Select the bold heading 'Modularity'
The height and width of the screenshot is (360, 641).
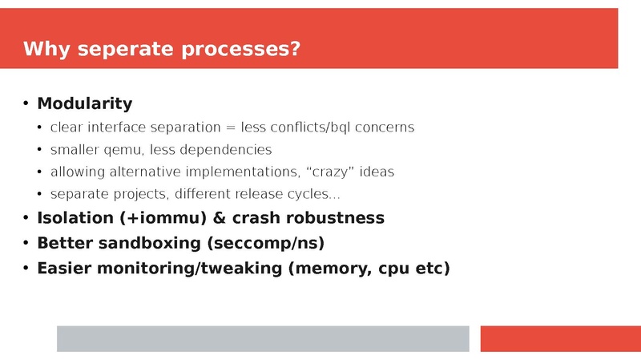[85, 103]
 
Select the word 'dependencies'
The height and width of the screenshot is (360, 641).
[233, 150]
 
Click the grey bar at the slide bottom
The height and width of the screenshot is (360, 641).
[262, 338]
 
